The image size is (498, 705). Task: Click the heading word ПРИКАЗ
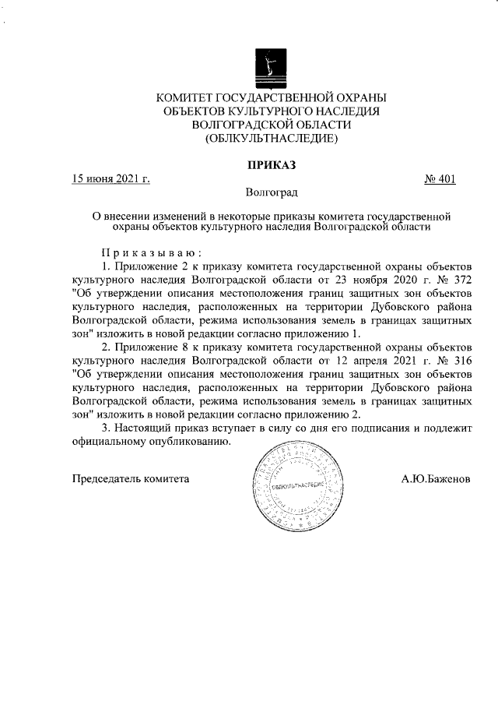pyautogui.click(x=272, y=164)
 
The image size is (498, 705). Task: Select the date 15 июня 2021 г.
pyautogui.click(x=110, y=179)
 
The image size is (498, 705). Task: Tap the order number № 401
pyautogui.click(x=440, y=179)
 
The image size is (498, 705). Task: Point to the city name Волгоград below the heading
pyautogui.click(x=272, y=192)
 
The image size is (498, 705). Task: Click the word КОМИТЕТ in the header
pyautogui.click(x=190, y=97)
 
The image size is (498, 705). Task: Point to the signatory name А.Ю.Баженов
pyautogui.click(x=436, y=478)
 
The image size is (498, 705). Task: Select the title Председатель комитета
pyautogui.click(x=131, y=478)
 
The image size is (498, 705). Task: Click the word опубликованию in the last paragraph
pyautogui.click(x=191, y=442)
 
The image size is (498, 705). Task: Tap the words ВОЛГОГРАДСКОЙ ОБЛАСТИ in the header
pyautogui.click(x=272, y=125)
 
